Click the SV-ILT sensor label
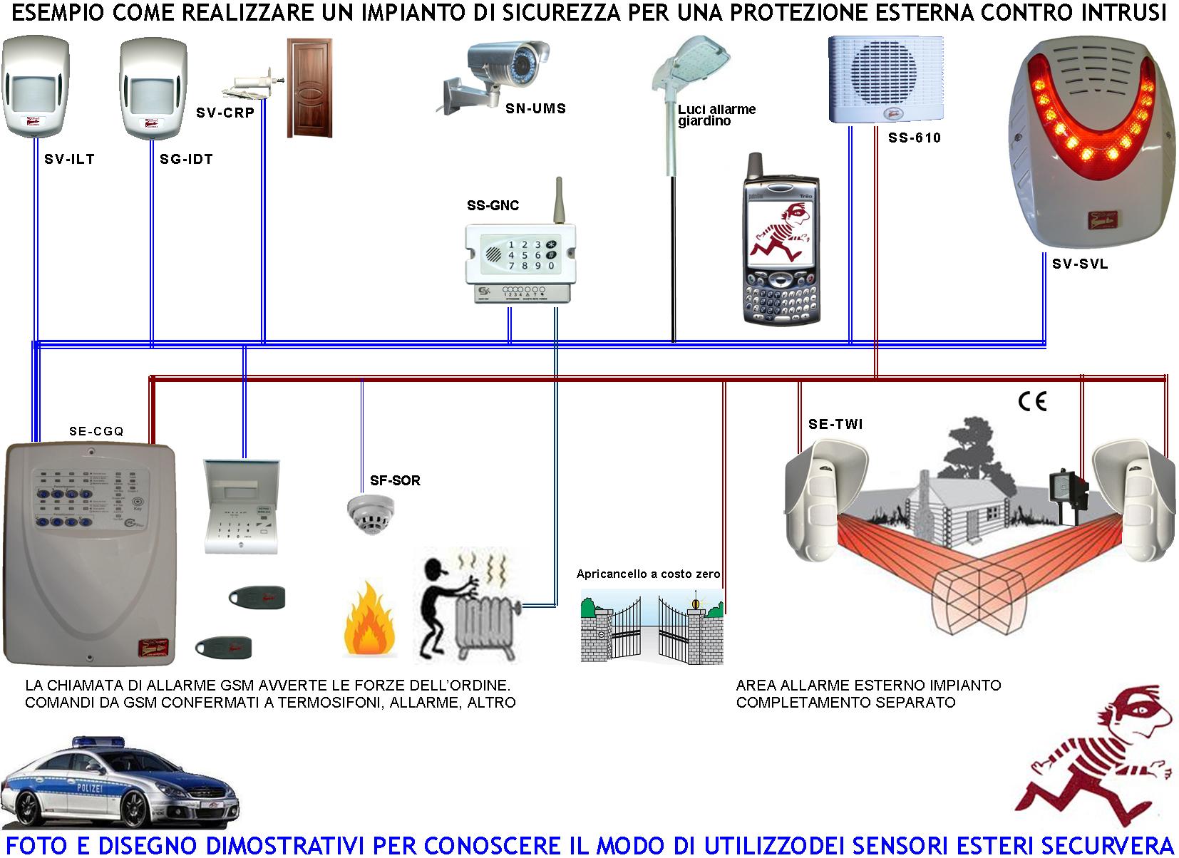[x=69, y=159]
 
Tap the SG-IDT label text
[x=186, y=159]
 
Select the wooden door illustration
[x=309, y=88]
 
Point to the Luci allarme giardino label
[x=716, y=115]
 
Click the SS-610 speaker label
[x=914, y=138]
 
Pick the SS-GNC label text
[x=493, y=205]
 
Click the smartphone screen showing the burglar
[x=781, y=232]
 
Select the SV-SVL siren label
[x=1080, y=264]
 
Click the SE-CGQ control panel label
[x=96, y=431]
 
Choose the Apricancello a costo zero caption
[x=648, y=574]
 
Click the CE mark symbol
[x=1032, y=402]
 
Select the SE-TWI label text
[x=835, y=424]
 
